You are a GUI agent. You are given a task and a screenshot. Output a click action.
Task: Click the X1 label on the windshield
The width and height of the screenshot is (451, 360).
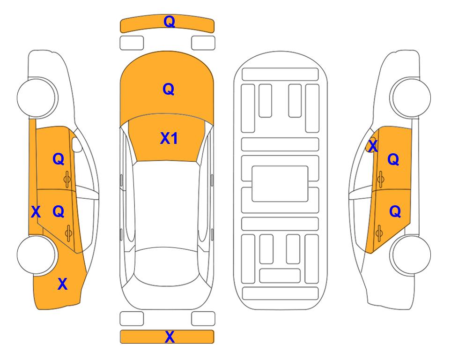[169, 138]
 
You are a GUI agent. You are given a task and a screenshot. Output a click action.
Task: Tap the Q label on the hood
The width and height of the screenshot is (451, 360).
[169, 89]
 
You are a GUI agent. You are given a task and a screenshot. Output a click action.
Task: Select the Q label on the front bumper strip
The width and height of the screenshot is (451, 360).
[170, 21]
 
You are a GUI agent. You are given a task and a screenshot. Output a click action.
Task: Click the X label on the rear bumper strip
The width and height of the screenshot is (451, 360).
[170, 337]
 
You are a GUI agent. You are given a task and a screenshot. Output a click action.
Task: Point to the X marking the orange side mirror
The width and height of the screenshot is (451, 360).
[373, 145]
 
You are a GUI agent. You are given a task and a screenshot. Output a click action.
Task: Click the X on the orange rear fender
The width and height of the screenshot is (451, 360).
[62, 284]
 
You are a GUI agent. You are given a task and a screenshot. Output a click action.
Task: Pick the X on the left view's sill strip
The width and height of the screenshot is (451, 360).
[36, 212]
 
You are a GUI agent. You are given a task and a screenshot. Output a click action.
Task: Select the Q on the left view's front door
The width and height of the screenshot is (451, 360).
[59, 159]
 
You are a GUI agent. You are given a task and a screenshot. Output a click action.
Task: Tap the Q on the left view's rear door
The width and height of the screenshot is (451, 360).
[59, 212]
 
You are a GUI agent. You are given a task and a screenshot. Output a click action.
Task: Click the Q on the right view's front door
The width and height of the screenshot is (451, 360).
[393, 159]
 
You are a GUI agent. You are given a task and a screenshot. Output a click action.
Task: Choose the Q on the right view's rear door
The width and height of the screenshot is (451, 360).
[395, 212]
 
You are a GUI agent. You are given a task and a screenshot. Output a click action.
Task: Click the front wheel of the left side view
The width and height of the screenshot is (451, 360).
[37, 97]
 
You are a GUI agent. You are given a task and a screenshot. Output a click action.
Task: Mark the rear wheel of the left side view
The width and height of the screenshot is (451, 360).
[37, 255]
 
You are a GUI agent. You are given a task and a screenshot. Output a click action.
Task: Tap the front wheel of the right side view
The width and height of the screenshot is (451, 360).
[411, 97]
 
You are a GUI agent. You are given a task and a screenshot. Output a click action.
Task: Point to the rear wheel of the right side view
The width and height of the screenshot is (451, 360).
[411, 255]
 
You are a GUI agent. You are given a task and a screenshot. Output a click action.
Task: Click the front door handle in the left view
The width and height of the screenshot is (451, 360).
[67, 180]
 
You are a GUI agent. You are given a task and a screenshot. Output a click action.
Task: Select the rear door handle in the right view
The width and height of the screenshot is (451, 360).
[379, 233]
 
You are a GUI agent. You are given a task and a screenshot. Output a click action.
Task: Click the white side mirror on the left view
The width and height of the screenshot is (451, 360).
[77, 144]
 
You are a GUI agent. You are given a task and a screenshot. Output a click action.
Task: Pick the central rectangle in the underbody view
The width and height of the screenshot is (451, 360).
[280, 184]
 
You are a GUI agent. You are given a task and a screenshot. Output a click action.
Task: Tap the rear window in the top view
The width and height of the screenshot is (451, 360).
[168, 266]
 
